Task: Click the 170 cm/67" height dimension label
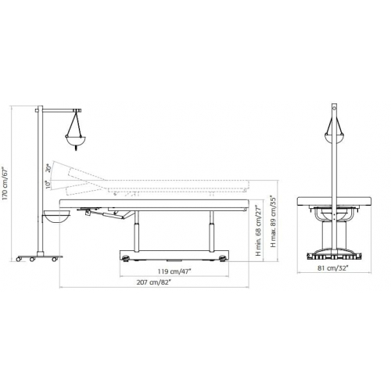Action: pyautogui.click(x=5, y=183)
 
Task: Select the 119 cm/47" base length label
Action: pyautogui.click(x=174, y=271)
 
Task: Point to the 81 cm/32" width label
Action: pyautogui.click(x=333, y=267)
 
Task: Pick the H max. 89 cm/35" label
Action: pyautogui.click(x=273, y=221)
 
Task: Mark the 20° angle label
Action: pyautogui.click(x=48, y=167)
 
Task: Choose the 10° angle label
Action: pyautogui.click(x=47, y=185)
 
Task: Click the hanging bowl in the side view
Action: pyautogui.click(x=74, y=141)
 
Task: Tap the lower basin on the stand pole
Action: pyautogui.click(x=57, y=217)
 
